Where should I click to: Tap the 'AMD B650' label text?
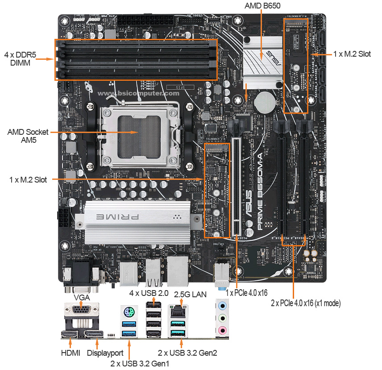pyautogui.click(x=262, y=7)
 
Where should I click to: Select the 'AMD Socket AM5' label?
pyautogui.click(x=28, y=136)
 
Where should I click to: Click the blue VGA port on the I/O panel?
pyautogui.click(x=81, y=311)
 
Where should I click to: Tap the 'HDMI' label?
pyautogui.click(x=71, y=353)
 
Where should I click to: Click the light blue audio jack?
pyautogui.click(x=222, y=307)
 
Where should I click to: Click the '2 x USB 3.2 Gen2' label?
pyautogui.click(x=192, y=353)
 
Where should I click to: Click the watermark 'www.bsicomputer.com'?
pyautogui.click(x=138, y=93)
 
